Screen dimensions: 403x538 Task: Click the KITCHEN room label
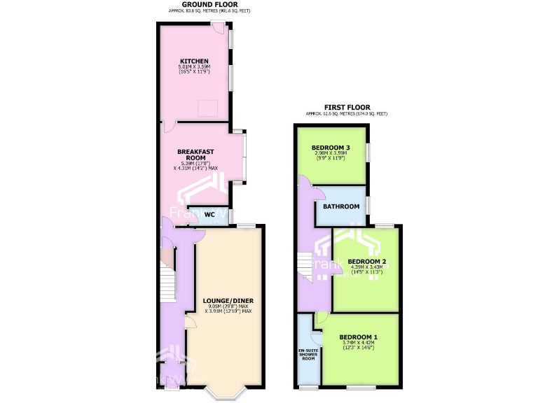tap(193, 61)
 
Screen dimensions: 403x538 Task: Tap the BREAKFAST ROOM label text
tap(195, 155)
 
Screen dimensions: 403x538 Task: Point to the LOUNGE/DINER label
tap(228, 301)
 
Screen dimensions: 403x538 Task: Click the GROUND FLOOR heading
tap(209, 5)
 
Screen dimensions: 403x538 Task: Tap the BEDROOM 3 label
tap(331, 148)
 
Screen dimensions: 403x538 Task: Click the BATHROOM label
tap(341, 206)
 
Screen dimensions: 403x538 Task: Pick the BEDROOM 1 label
tap(359, 337)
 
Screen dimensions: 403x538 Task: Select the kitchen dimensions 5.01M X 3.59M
tap(193, 67)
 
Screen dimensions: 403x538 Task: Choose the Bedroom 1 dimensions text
tap(359, 344)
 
